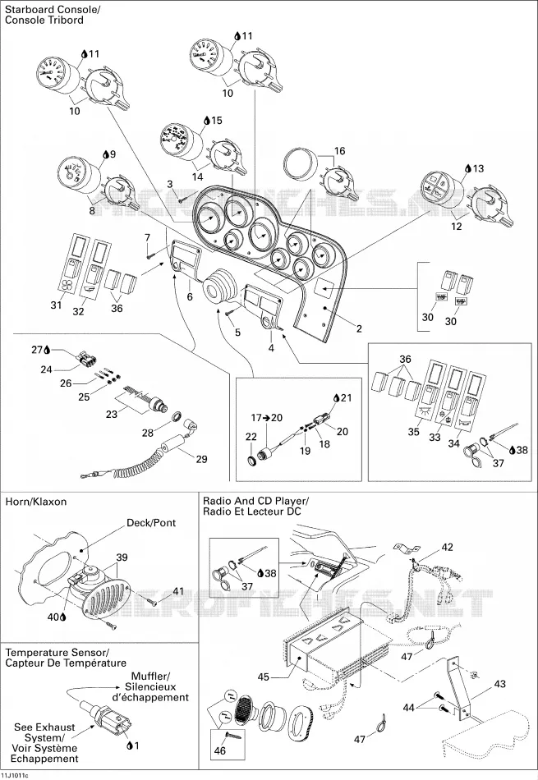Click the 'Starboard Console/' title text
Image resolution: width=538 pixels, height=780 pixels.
(44, 10)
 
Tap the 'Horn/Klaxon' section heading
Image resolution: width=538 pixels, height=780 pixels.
(36, 502)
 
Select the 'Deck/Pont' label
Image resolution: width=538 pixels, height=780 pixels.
(151, 523)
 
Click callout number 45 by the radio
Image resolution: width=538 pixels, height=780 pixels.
(264, 677)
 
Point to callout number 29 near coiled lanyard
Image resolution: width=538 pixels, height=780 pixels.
(201, 459)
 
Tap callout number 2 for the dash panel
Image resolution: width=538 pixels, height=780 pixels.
(359, 328)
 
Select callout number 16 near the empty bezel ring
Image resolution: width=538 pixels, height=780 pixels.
(339, 151)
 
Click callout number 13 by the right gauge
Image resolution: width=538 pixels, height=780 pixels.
(478, 168)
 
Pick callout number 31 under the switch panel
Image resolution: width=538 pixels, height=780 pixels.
(56, 305)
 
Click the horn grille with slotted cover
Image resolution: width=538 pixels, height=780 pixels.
(107, 594)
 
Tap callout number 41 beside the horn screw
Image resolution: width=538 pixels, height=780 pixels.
(178, 591)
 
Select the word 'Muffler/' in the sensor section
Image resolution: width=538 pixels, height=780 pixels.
(150, 676)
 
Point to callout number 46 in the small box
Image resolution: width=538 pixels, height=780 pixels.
(219, 750)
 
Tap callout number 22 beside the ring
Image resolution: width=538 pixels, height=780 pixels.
(251, 437)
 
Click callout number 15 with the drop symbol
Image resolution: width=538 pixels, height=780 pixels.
(216, 121)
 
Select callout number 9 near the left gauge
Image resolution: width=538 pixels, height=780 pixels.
(113, 154)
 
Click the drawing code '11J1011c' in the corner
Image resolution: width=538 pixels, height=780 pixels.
(15, 776)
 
